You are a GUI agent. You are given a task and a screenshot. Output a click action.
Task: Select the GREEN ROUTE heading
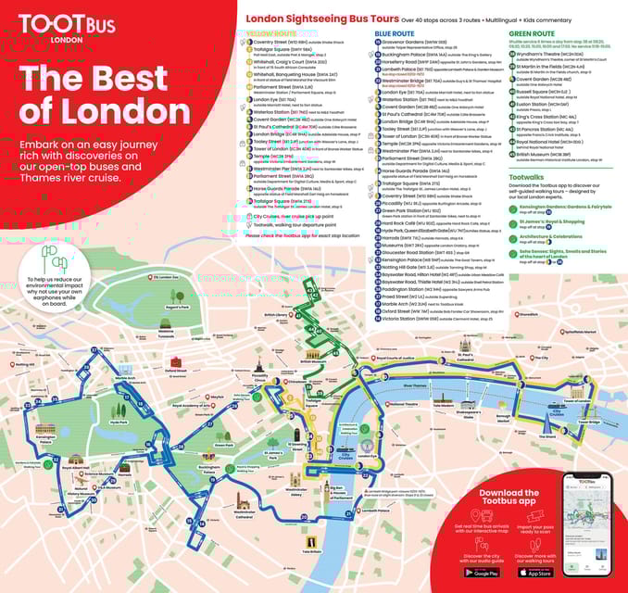tap(531, 33)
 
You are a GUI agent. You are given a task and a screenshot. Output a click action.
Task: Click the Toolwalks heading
tap(527, 176)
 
